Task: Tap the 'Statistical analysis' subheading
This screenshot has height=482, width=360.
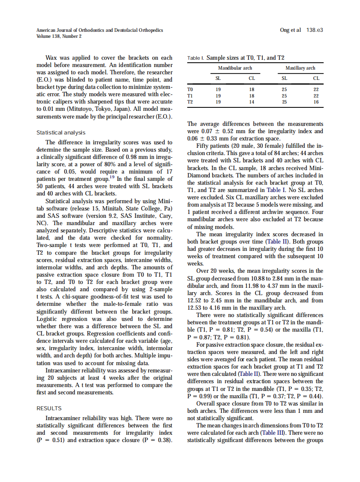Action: [x=61, y=133]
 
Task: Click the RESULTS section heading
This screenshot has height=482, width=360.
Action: [x=49, y=408]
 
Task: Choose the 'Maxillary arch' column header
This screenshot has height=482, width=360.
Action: [x=300, y=68]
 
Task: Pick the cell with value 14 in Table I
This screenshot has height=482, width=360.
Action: [x=252, y=102]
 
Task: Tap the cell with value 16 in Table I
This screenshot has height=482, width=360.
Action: [x=316, y=102]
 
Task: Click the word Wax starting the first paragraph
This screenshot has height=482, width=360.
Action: [x=53, y=58]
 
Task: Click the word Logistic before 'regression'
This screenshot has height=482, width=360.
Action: [x=49, y=319]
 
